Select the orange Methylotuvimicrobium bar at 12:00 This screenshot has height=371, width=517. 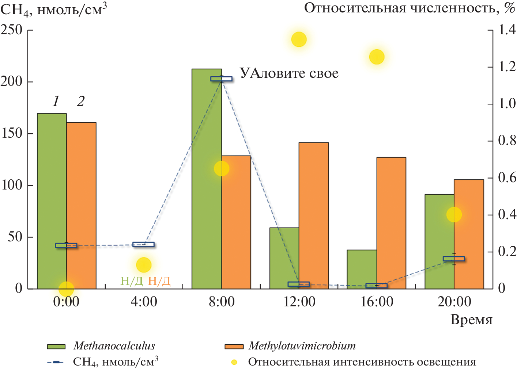[314, 215]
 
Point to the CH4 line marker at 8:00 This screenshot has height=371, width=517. [221, 79]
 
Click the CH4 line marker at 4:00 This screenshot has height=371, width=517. [143, 244]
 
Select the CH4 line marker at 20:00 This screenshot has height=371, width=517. [454, 259]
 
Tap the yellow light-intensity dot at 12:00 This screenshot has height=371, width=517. [299, 39]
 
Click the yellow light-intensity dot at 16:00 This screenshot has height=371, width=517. [377, 57]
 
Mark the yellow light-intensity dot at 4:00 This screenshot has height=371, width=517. [144, 265]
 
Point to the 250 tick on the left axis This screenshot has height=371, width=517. [11, 30]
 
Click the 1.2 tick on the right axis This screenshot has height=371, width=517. [507, 67]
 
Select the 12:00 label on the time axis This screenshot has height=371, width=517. [299, 302]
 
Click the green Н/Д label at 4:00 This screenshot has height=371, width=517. [132, 281]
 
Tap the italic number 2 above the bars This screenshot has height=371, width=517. [81, 101]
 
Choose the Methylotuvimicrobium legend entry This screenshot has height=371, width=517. [302, 346]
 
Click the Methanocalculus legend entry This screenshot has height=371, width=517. [114, 346]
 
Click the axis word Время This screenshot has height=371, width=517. [471, 320]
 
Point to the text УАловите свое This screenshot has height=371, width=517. [289, 73]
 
